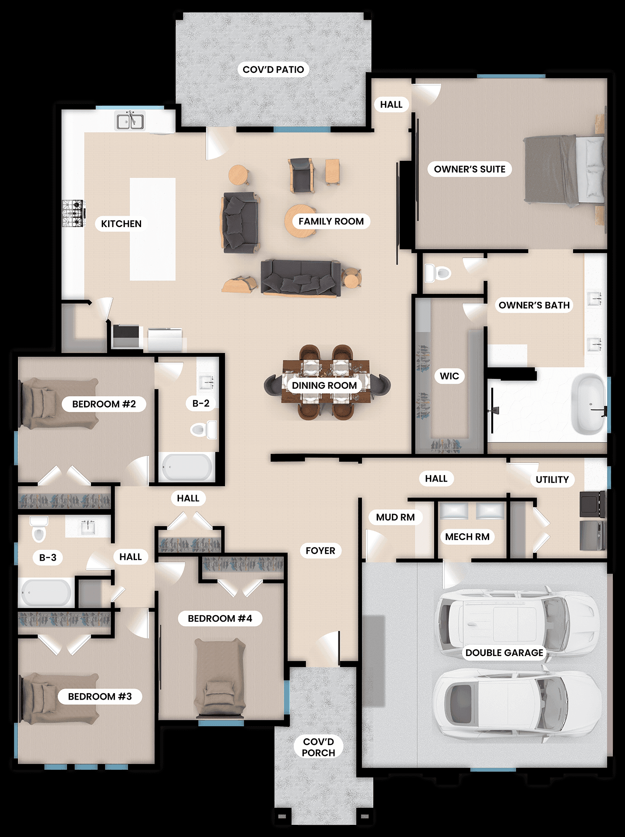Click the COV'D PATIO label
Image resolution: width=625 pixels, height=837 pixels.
[x=273, y=69]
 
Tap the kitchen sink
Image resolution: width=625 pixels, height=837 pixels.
[x=130, y=121]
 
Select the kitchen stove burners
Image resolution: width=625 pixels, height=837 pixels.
[x=72, y=213]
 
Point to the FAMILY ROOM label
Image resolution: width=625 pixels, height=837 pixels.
[x=331, y=221]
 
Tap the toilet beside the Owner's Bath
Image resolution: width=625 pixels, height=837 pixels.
[x=438, y=273]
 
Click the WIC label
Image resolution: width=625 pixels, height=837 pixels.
[x=449, y=376]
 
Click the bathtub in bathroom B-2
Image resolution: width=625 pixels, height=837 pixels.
[x=187, y=467]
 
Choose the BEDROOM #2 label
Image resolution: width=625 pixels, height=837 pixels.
[x=104, y=404]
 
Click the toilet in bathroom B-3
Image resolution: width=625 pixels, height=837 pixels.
[x=39, y=529]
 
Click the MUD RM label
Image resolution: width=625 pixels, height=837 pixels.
[x=395, y=517]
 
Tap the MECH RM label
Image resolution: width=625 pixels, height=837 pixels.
[x=467, y=537]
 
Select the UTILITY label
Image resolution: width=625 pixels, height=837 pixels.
[x=552, y=479]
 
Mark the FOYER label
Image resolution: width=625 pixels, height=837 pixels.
[x=320, y=551]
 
